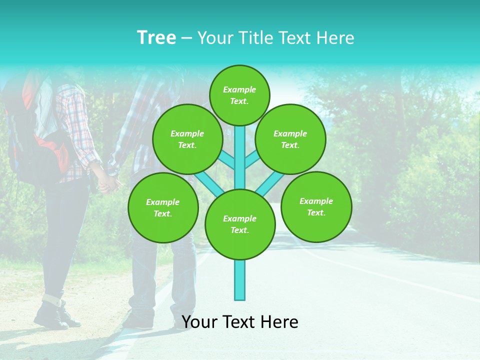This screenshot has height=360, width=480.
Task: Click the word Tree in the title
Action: [x=156, y=38]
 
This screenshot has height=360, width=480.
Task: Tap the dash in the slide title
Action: [x=187, y=38]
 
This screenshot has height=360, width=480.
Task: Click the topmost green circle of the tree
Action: [x=239, y=95]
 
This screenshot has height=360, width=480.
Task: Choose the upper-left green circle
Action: [x=187, y=139]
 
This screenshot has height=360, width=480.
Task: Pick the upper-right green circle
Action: [x=290, y=139]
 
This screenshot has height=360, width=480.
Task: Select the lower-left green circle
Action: [x=162, y=207]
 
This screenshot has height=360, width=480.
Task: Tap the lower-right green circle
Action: [x=316, y=206]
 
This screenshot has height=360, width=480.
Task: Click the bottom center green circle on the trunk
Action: [x=240, y=224]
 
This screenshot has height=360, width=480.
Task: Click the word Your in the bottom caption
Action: [x=199, y=322]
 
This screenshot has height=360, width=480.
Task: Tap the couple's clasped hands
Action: [x=109, y=182]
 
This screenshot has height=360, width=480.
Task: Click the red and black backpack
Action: [x=40, y=145]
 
